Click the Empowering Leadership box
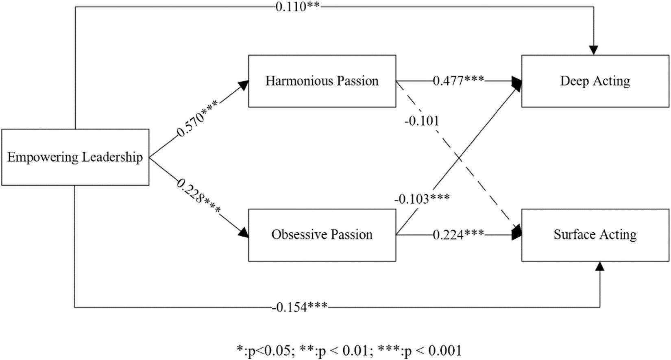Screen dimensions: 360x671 [75, 157]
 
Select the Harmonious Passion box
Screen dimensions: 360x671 [322, 81]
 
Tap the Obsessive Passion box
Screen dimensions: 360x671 [322, 235]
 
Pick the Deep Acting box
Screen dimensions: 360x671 [595, 81]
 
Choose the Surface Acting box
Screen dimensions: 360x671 [595, 235]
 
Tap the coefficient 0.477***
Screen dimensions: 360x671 [458, 81]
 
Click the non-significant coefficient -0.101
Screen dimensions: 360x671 [422, 121]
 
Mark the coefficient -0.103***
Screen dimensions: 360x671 [422, 199]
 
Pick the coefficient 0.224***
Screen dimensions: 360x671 [458, 234]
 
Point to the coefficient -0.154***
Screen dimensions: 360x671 [299, 307]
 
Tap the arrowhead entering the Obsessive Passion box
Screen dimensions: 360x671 [243, 232]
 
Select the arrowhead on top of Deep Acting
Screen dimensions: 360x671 [594, 50]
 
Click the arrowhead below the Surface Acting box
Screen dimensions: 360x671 [599, 266]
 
